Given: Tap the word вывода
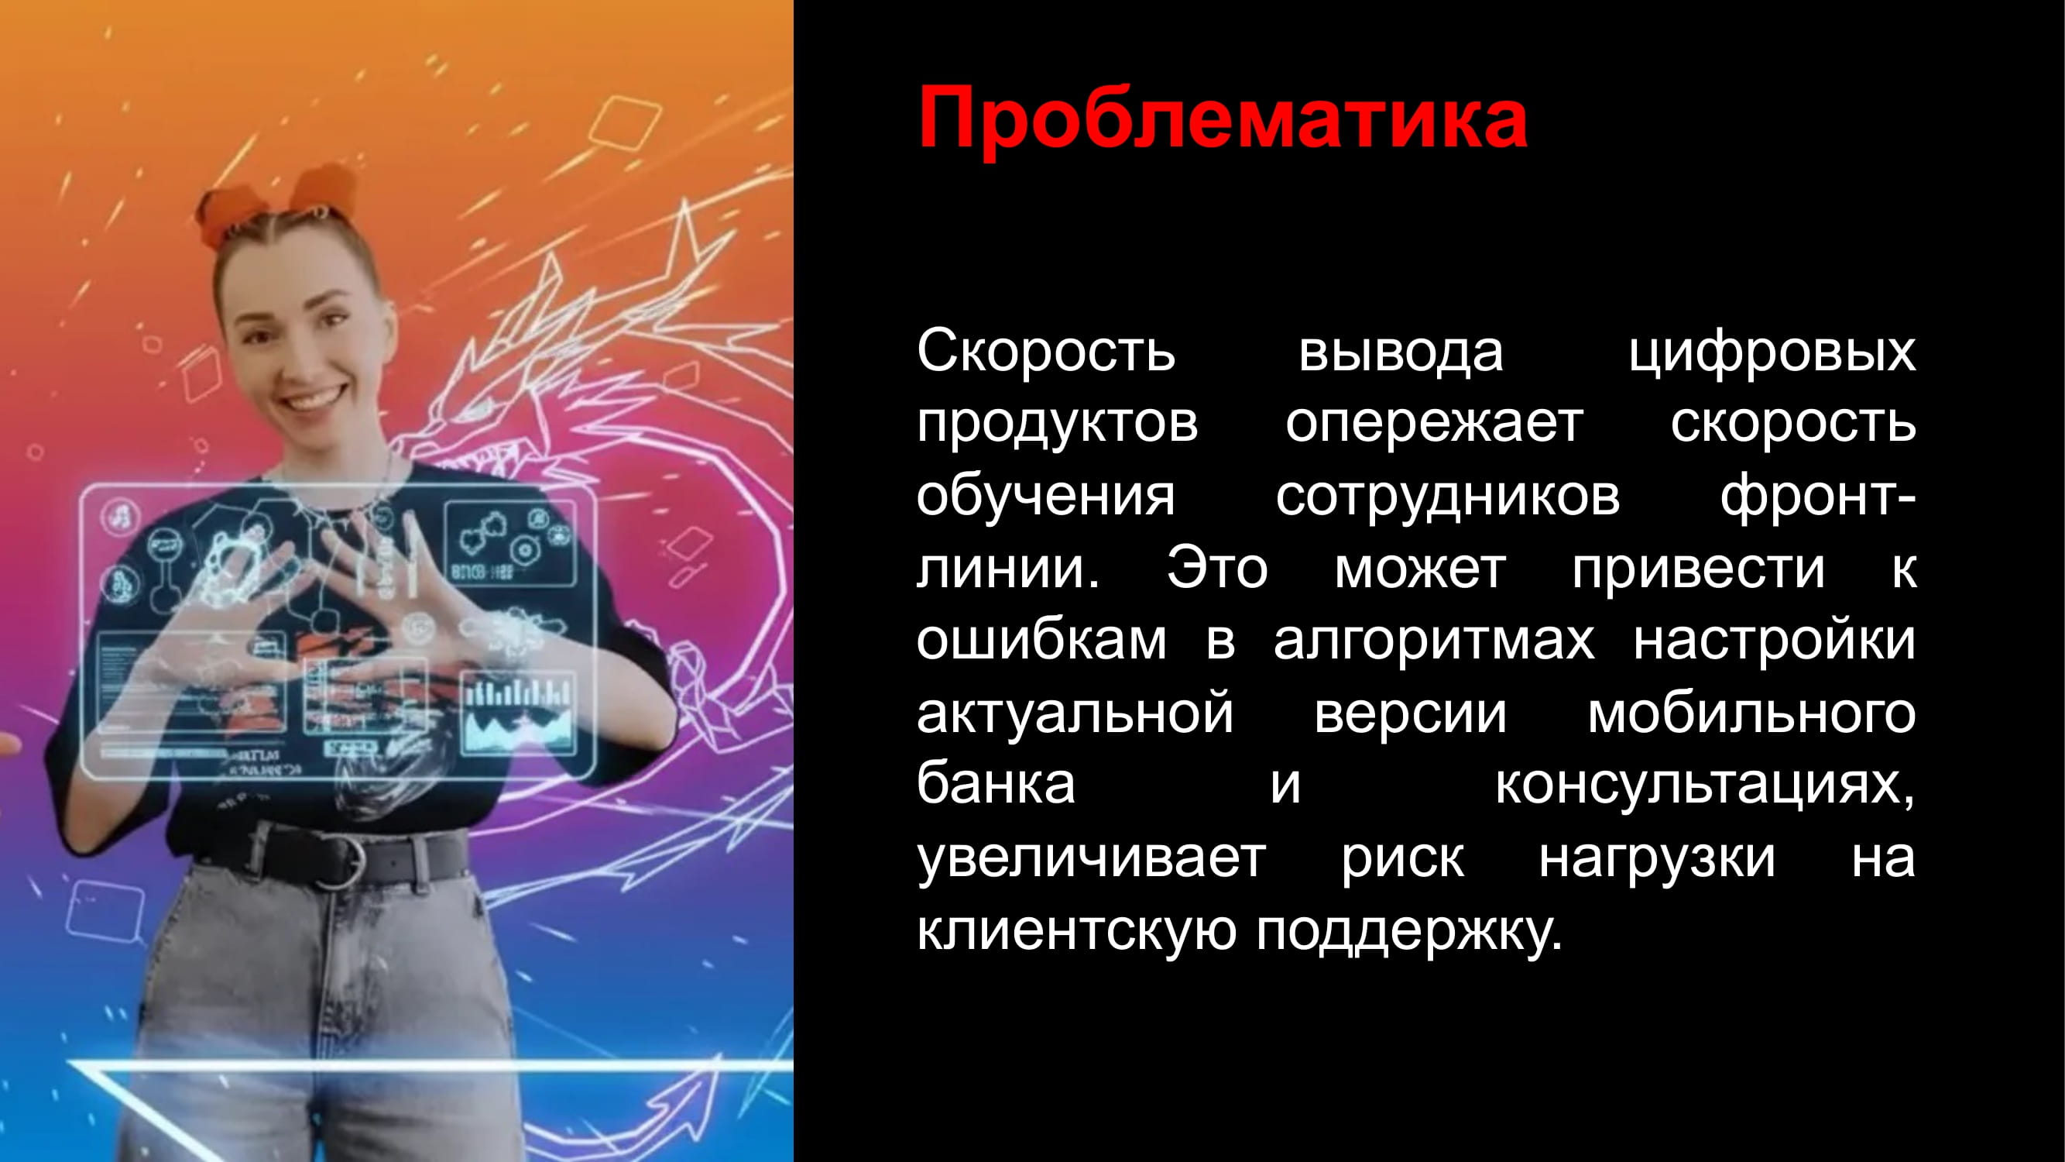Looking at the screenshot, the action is (x=1401, y=352).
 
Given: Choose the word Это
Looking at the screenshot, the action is (x=1217, y=569).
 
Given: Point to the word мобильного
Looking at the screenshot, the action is (x=1751, y=713).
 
